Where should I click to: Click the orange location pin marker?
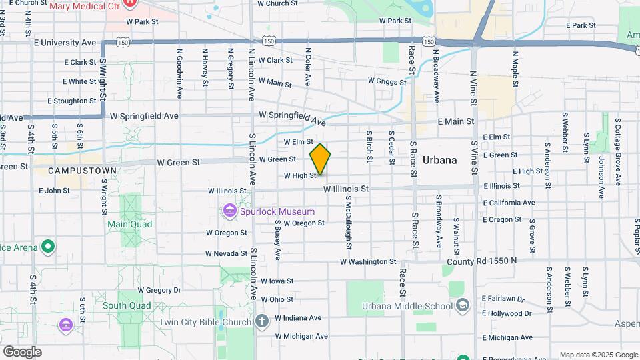(x=320, y=159)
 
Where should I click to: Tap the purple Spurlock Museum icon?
(x=230, y=211)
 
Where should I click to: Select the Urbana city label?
(x=439, y=160)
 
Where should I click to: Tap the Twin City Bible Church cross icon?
(x=262, y=322)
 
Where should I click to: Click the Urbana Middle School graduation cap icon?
(x=462, y=306)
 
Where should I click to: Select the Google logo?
(x=22, y=351)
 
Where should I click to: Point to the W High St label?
(x=299, y=176)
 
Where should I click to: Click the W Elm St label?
(x=298, y=142)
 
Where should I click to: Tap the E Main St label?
(x=455, y=121)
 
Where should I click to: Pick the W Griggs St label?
(x=387, y=81)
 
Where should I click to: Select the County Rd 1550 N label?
(x=481, y=261)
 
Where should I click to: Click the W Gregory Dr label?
(x=159, y=290)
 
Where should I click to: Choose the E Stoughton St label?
(x=72, y=101)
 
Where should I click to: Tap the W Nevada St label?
(x=227, y=253)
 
